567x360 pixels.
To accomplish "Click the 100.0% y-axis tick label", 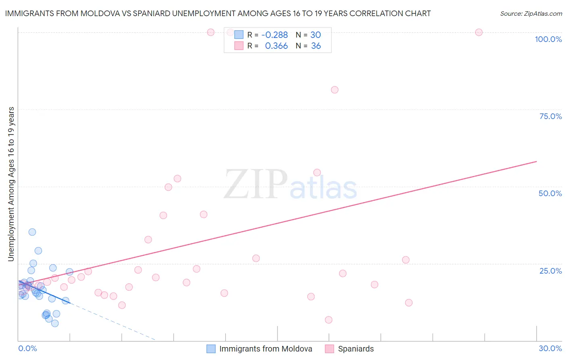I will point(548,39).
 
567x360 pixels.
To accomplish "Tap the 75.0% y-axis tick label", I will point(550,116).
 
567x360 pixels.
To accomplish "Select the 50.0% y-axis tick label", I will point(550,193).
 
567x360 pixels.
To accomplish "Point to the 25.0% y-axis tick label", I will point(550,271).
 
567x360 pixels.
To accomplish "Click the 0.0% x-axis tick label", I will point(27,348).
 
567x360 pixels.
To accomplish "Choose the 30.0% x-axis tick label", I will point(550,348).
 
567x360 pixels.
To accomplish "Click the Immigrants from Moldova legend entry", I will point(265,349).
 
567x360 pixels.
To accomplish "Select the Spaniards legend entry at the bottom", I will point(356,349).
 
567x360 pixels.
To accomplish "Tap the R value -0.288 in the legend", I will point(275,35).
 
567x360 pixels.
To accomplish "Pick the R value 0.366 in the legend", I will point(276,46).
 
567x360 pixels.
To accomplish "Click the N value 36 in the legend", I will point(316,46).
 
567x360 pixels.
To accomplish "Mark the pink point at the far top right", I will point(479,32).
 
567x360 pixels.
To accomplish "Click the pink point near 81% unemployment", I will point(334,90).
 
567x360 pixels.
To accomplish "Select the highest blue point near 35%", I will point(32,232).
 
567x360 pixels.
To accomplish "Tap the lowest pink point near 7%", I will point(329,320).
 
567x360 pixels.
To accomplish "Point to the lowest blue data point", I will point(55,323).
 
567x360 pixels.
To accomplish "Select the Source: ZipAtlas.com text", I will point(531,14).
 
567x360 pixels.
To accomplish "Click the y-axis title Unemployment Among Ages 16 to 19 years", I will point(11,184).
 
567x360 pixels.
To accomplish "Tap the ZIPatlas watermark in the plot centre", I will point(290,185).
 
